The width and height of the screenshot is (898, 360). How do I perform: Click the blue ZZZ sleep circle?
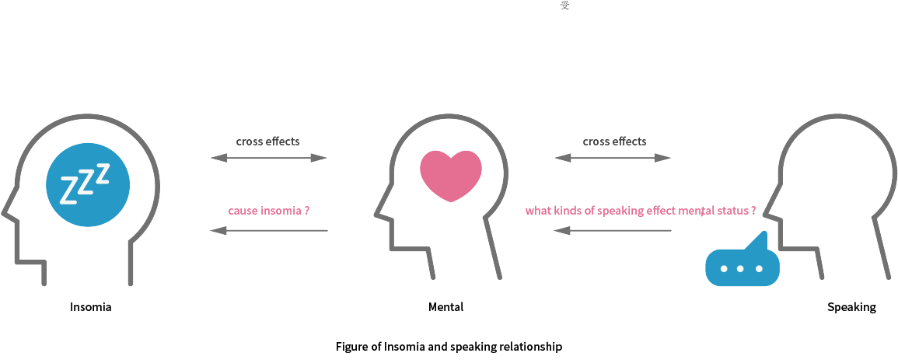88,185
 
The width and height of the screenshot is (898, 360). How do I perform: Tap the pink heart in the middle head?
451,174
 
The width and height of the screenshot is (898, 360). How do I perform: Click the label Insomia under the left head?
91,307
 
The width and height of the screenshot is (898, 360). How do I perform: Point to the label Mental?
446,307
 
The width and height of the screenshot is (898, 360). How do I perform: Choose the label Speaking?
851,307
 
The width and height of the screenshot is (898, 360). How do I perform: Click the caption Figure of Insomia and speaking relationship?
449,347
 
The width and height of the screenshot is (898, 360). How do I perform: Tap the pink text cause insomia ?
269,210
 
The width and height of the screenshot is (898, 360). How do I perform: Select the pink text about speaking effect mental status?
641,210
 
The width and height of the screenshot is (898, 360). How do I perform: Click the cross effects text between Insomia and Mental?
267,142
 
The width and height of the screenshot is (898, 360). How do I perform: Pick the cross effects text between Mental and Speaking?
614,142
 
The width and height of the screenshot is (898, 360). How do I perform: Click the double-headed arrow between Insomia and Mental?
269,158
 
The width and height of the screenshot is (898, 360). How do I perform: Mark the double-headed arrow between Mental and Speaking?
613,158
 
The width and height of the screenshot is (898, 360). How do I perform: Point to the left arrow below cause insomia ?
269,230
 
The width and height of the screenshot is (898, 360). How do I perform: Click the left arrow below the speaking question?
613,230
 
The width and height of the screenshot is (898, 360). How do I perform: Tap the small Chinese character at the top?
564,6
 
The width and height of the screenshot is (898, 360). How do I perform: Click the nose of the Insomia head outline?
6,211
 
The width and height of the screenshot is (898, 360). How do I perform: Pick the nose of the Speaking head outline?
767,211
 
